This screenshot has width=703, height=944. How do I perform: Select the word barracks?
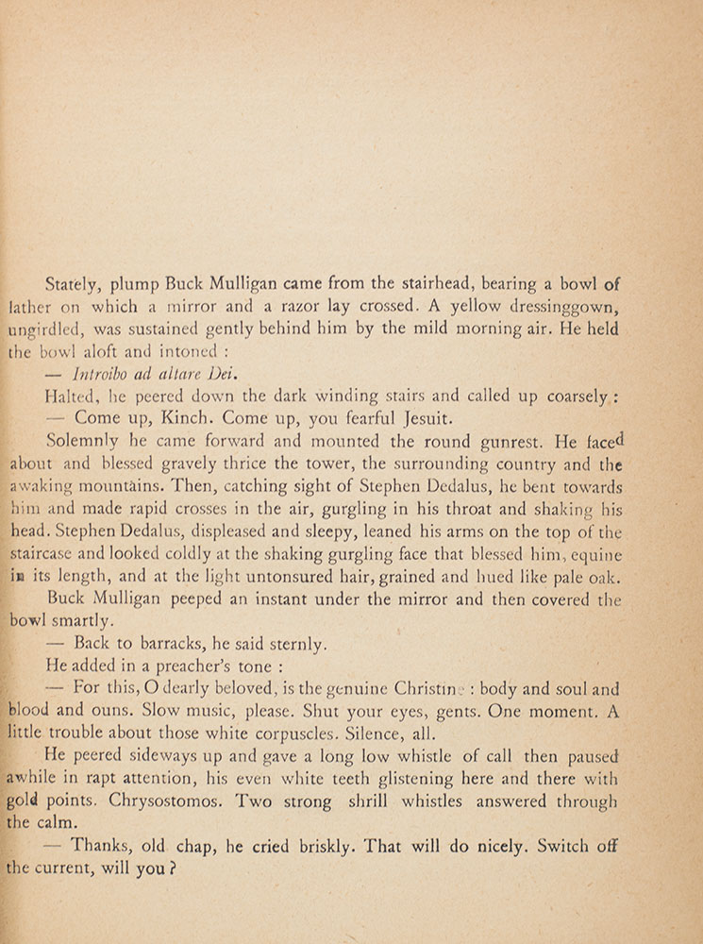[x=166, y=645]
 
